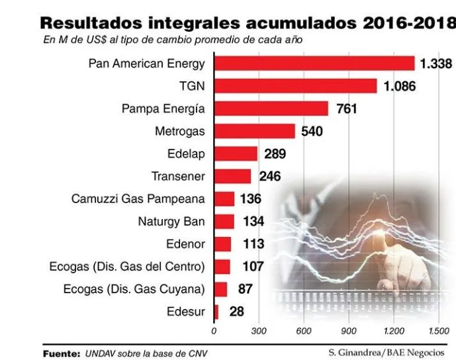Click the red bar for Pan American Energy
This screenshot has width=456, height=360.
pyautogui.click(x=314, y=64)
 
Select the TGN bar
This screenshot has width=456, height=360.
pyautogui.click(x=295, y=86)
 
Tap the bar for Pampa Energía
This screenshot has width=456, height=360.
pyautogui.click(x=271, y=109)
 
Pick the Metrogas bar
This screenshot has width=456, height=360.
pyautogui.click(x=254, y=131)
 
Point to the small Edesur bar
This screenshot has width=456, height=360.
pyautogui.click(x=216, y=312)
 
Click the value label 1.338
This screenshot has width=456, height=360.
pyautogui.click(x=435, y=64)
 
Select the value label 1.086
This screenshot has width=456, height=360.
pyautogui.click(x=398, y=86)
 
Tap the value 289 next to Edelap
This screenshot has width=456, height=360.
pyautogui.click(x=275, y=154)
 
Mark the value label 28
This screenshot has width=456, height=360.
pyautogui.click(x=237, y=312)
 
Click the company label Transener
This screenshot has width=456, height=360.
pyautogui.click(x=178, y=177)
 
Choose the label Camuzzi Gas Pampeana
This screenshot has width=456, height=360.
pyautogui.click(x=138, y=199)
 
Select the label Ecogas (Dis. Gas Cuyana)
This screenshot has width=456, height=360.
pyautogui.click(x=134, y=289)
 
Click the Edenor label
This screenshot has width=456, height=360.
pyautogui.click(x=185, y=244)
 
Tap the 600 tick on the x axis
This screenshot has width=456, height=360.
pyautogui.click(x=304, y=330)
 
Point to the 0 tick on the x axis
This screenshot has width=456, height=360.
pyautogui.click(x=214, y=330)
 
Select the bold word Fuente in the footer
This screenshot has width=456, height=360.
pyautogui.click(x=62, y=353)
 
